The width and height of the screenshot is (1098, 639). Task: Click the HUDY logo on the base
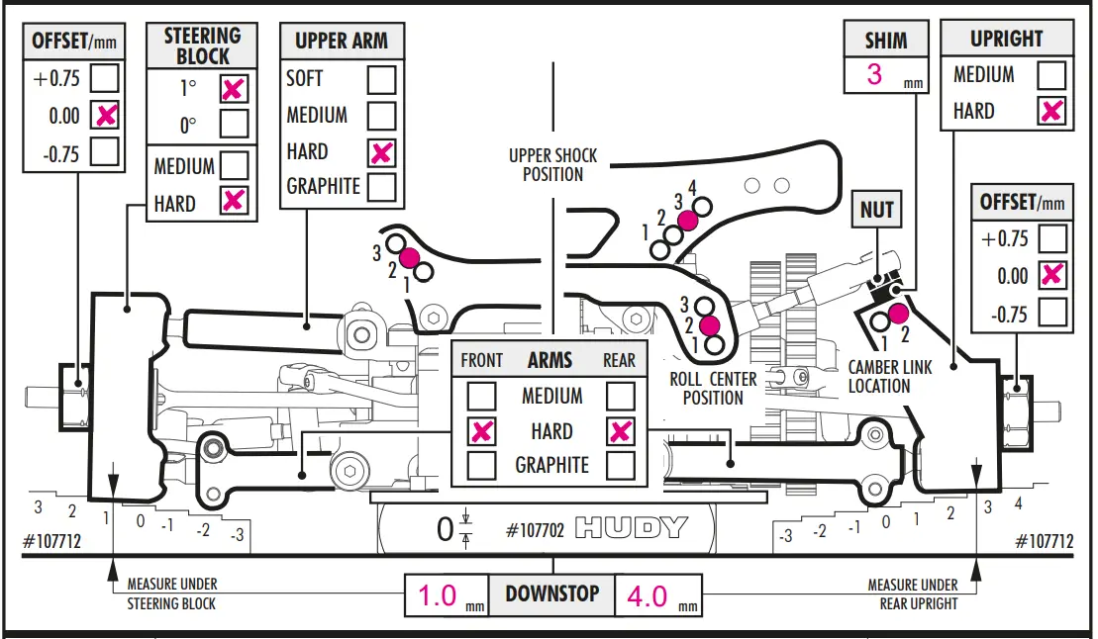point(631,528)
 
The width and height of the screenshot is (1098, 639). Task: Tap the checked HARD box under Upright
point(1051,111)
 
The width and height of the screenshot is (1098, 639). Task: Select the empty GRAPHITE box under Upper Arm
point(382,187)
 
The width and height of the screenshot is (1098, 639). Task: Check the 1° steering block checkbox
point(234,88)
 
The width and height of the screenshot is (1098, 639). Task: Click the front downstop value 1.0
point(437,596)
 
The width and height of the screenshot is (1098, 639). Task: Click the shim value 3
point(874,74)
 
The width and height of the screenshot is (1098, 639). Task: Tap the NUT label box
point(877,210)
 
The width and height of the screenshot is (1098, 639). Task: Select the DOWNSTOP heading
point(552,594)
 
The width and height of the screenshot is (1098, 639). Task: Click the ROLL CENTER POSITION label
point(713,389)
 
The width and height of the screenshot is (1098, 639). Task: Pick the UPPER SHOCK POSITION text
point(552,165)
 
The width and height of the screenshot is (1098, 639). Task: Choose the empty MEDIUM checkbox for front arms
point(482,397)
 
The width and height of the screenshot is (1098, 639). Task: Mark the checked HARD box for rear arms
point(621,431)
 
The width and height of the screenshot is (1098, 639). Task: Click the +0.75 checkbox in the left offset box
point(105,78)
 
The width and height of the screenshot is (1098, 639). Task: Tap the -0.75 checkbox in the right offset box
point(1053,315)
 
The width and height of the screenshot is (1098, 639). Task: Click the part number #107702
point(535,530)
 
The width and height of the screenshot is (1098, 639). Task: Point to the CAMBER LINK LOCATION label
point(889,376)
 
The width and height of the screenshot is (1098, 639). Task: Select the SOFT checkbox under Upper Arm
point(382,78)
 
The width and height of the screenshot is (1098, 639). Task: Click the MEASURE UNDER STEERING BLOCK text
point(171,593)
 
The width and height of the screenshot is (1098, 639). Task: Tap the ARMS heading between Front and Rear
point(550,360)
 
